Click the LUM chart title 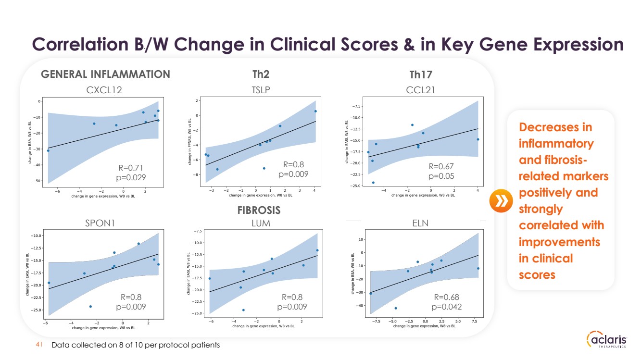coord(261,223)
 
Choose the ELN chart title coord(420,223)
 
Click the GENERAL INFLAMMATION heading coord(106,74)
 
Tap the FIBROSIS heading coord(259,210)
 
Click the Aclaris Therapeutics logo coord(607,340)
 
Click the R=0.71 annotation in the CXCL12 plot coord(131,168)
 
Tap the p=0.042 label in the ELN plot coord(447,307)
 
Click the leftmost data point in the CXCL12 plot coord(48,150)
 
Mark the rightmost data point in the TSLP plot coord(315,111)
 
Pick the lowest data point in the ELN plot coord(396,308)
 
